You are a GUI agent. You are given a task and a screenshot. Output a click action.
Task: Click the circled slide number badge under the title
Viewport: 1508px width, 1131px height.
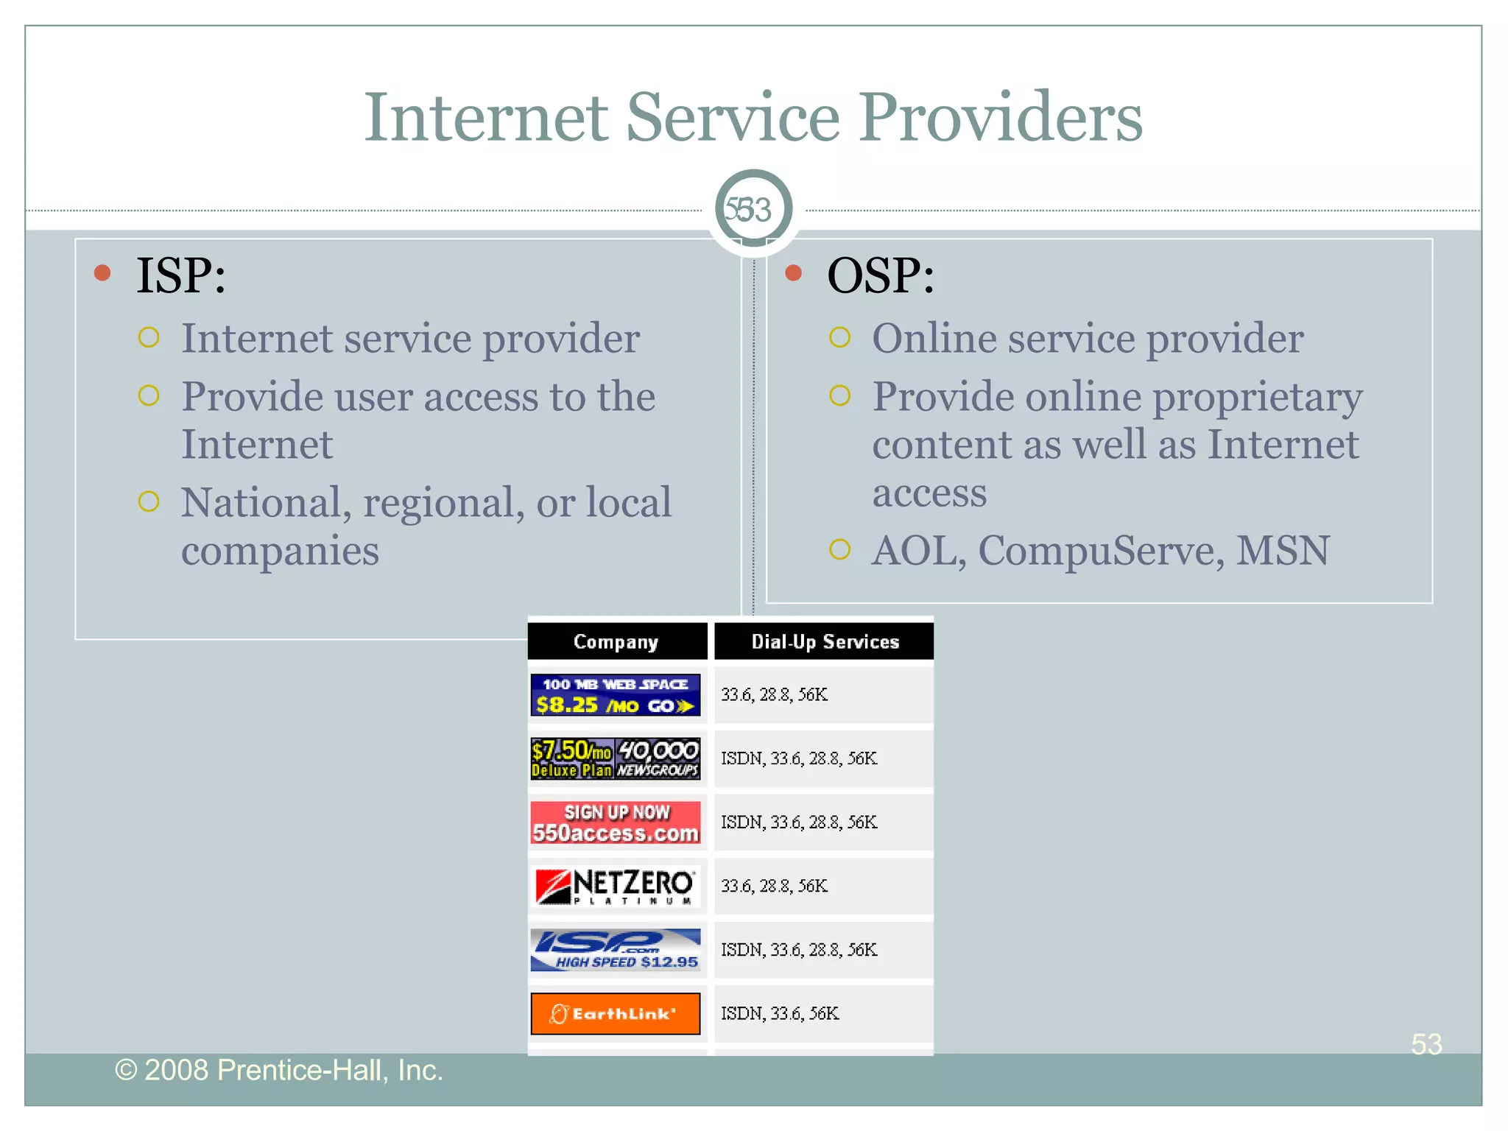[753, 209]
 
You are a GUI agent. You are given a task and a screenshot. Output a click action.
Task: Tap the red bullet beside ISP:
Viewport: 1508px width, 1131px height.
[102, 273]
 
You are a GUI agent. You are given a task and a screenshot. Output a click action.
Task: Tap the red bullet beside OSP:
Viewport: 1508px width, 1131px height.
[793, 273]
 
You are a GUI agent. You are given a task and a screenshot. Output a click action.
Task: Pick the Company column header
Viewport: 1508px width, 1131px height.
[616, 641]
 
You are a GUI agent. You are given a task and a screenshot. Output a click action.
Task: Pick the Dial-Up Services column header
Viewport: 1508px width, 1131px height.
[825, 641]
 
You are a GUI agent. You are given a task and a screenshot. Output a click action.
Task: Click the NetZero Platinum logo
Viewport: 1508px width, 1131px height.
[616, 886]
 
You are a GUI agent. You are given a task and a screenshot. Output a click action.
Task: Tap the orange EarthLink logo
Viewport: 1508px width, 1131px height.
[616, 1013]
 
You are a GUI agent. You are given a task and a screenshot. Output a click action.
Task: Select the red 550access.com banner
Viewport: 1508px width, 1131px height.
[616, 822]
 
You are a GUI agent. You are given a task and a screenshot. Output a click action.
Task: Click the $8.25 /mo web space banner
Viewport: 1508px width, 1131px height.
[616, 694]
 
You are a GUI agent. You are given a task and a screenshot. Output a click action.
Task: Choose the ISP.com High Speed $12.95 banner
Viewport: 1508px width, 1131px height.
[616, 950]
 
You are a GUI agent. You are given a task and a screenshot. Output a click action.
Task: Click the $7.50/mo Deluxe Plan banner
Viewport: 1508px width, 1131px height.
[616, 758]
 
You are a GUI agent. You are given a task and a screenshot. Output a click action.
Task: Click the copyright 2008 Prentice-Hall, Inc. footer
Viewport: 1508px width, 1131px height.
[279, 1070]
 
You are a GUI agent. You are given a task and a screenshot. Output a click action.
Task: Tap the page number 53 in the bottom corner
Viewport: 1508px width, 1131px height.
[1426, 1044]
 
